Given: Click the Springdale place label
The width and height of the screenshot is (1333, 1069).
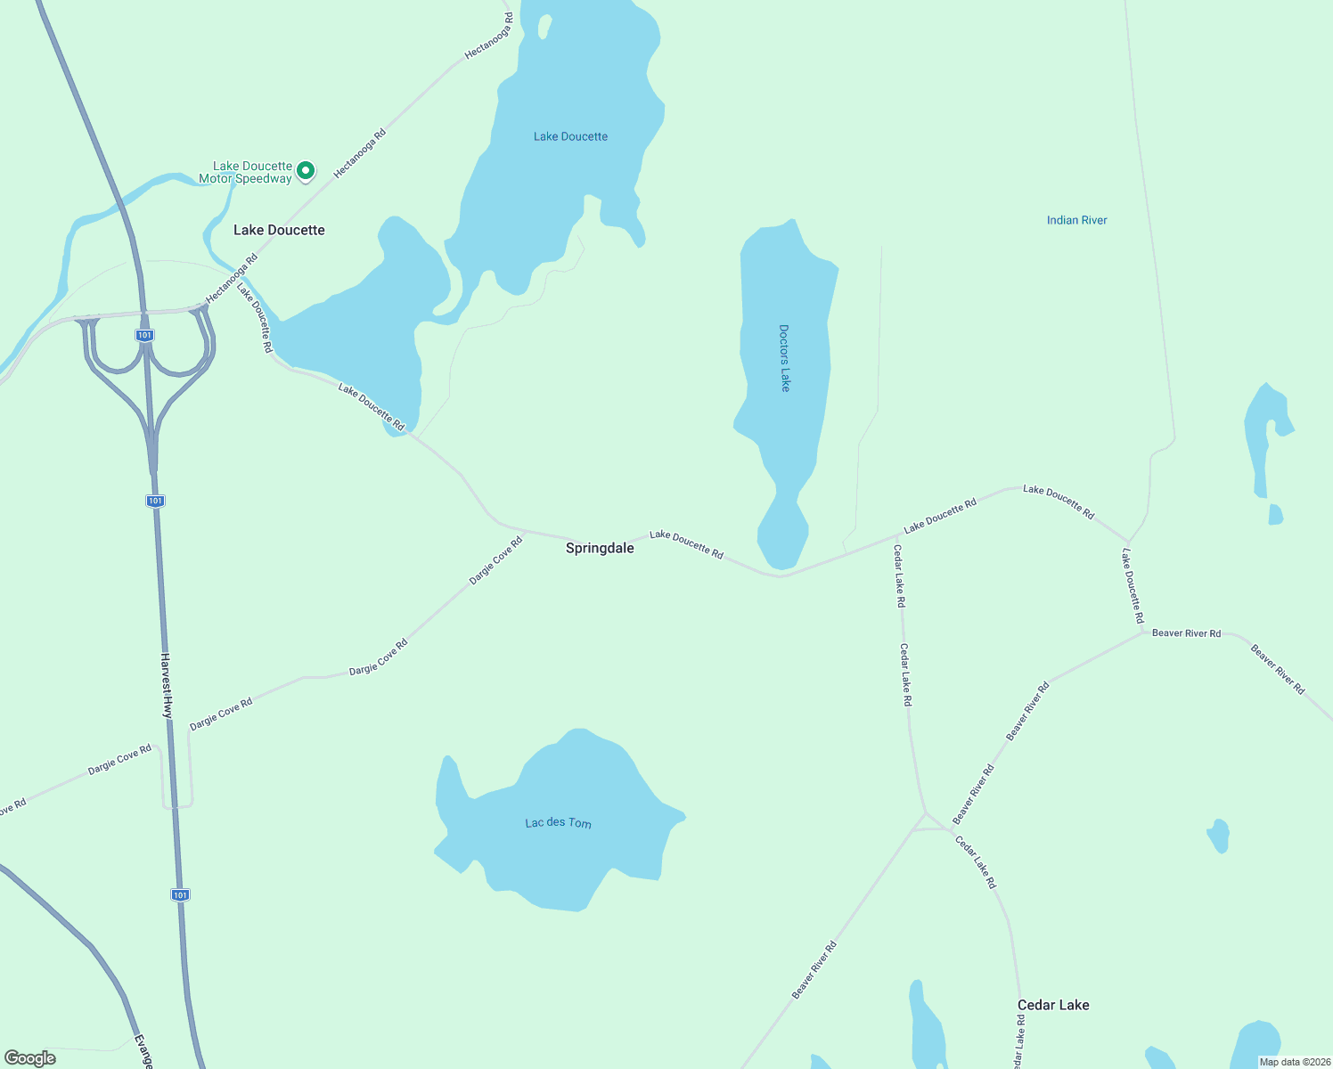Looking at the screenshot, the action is (x=600, y=548).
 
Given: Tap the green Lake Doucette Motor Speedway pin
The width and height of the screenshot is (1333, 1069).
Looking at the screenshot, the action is (x=306, y=170).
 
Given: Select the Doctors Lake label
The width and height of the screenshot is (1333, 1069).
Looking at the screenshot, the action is (x=784, y=358).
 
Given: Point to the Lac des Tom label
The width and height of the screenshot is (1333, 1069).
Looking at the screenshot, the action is (x=558, y=822).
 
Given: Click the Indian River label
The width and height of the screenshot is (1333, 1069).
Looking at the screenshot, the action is (x=1076, y=220).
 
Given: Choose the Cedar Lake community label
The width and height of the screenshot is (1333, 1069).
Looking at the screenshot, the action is (x=1053, y=1005).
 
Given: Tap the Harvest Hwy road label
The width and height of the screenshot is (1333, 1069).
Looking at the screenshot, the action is (x=167, y=685).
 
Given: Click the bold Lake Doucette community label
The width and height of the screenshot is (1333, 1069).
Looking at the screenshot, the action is (x=279, y=230).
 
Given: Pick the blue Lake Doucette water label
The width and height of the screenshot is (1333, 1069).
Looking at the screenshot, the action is (x=570, y=136).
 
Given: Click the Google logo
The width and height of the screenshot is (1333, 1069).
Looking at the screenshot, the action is (x=30, y=1058).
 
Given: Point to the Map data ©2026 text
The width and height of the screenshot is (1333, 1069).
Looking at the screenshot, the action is (x=1293, y=1062).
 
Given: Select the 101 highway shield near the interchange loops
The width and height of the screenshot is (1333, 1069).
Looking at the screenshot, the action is (x=144, y=335).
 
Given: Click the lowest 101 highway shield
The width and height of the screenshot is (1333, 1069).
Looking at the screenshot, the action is (x=180, y=894).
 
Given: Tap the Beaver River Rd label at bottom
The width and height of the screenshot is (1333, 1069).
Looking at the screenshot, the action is (x=814, y=969).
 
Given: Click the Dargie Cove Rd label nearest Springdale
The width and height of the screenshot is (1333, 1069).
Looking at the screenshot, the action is (x=495, y=560).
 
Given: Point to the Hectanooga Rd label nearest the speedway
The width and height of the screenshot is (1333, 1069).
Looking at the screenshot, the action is (x=359, y=153).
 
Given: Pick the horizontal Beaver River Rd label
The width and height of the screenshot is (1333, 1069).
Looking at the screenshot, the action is (x=1186, y=633).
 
